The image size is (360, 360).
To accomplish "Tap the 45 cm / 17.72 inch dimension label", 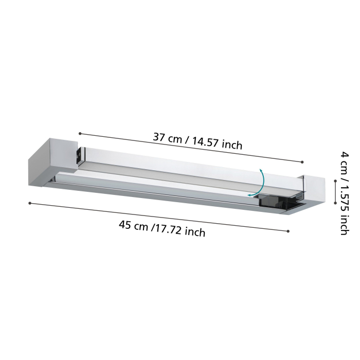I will (x=162, y=228).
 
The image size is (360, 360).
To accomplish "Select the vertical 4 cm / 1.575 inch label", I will (x=344, y=193).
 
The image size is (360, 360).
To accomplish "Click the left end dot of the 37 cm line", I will (x=80, y=134).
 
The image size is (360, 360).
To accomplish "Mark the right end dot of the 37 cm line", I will (x=303, y=163).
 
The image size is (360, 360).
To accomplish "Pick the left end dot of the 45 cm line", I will (x=30, y=203).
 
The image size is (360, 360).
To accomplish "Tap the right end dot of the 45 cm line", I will (x=288, y=231).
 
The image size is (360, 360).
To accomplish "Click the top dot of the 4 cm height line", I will (x=335, y=181).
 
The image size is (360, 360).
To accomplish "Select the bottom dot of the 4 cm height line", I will (x=335, y=203).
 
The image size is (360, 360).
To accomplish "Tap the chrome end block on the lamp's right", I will (x=312, y=190).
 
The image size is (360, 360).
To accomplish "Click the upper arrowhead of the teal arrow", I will (x=261, y=170).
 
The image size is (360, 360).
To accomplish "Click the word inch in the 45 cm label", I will (x=194, y=232).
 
